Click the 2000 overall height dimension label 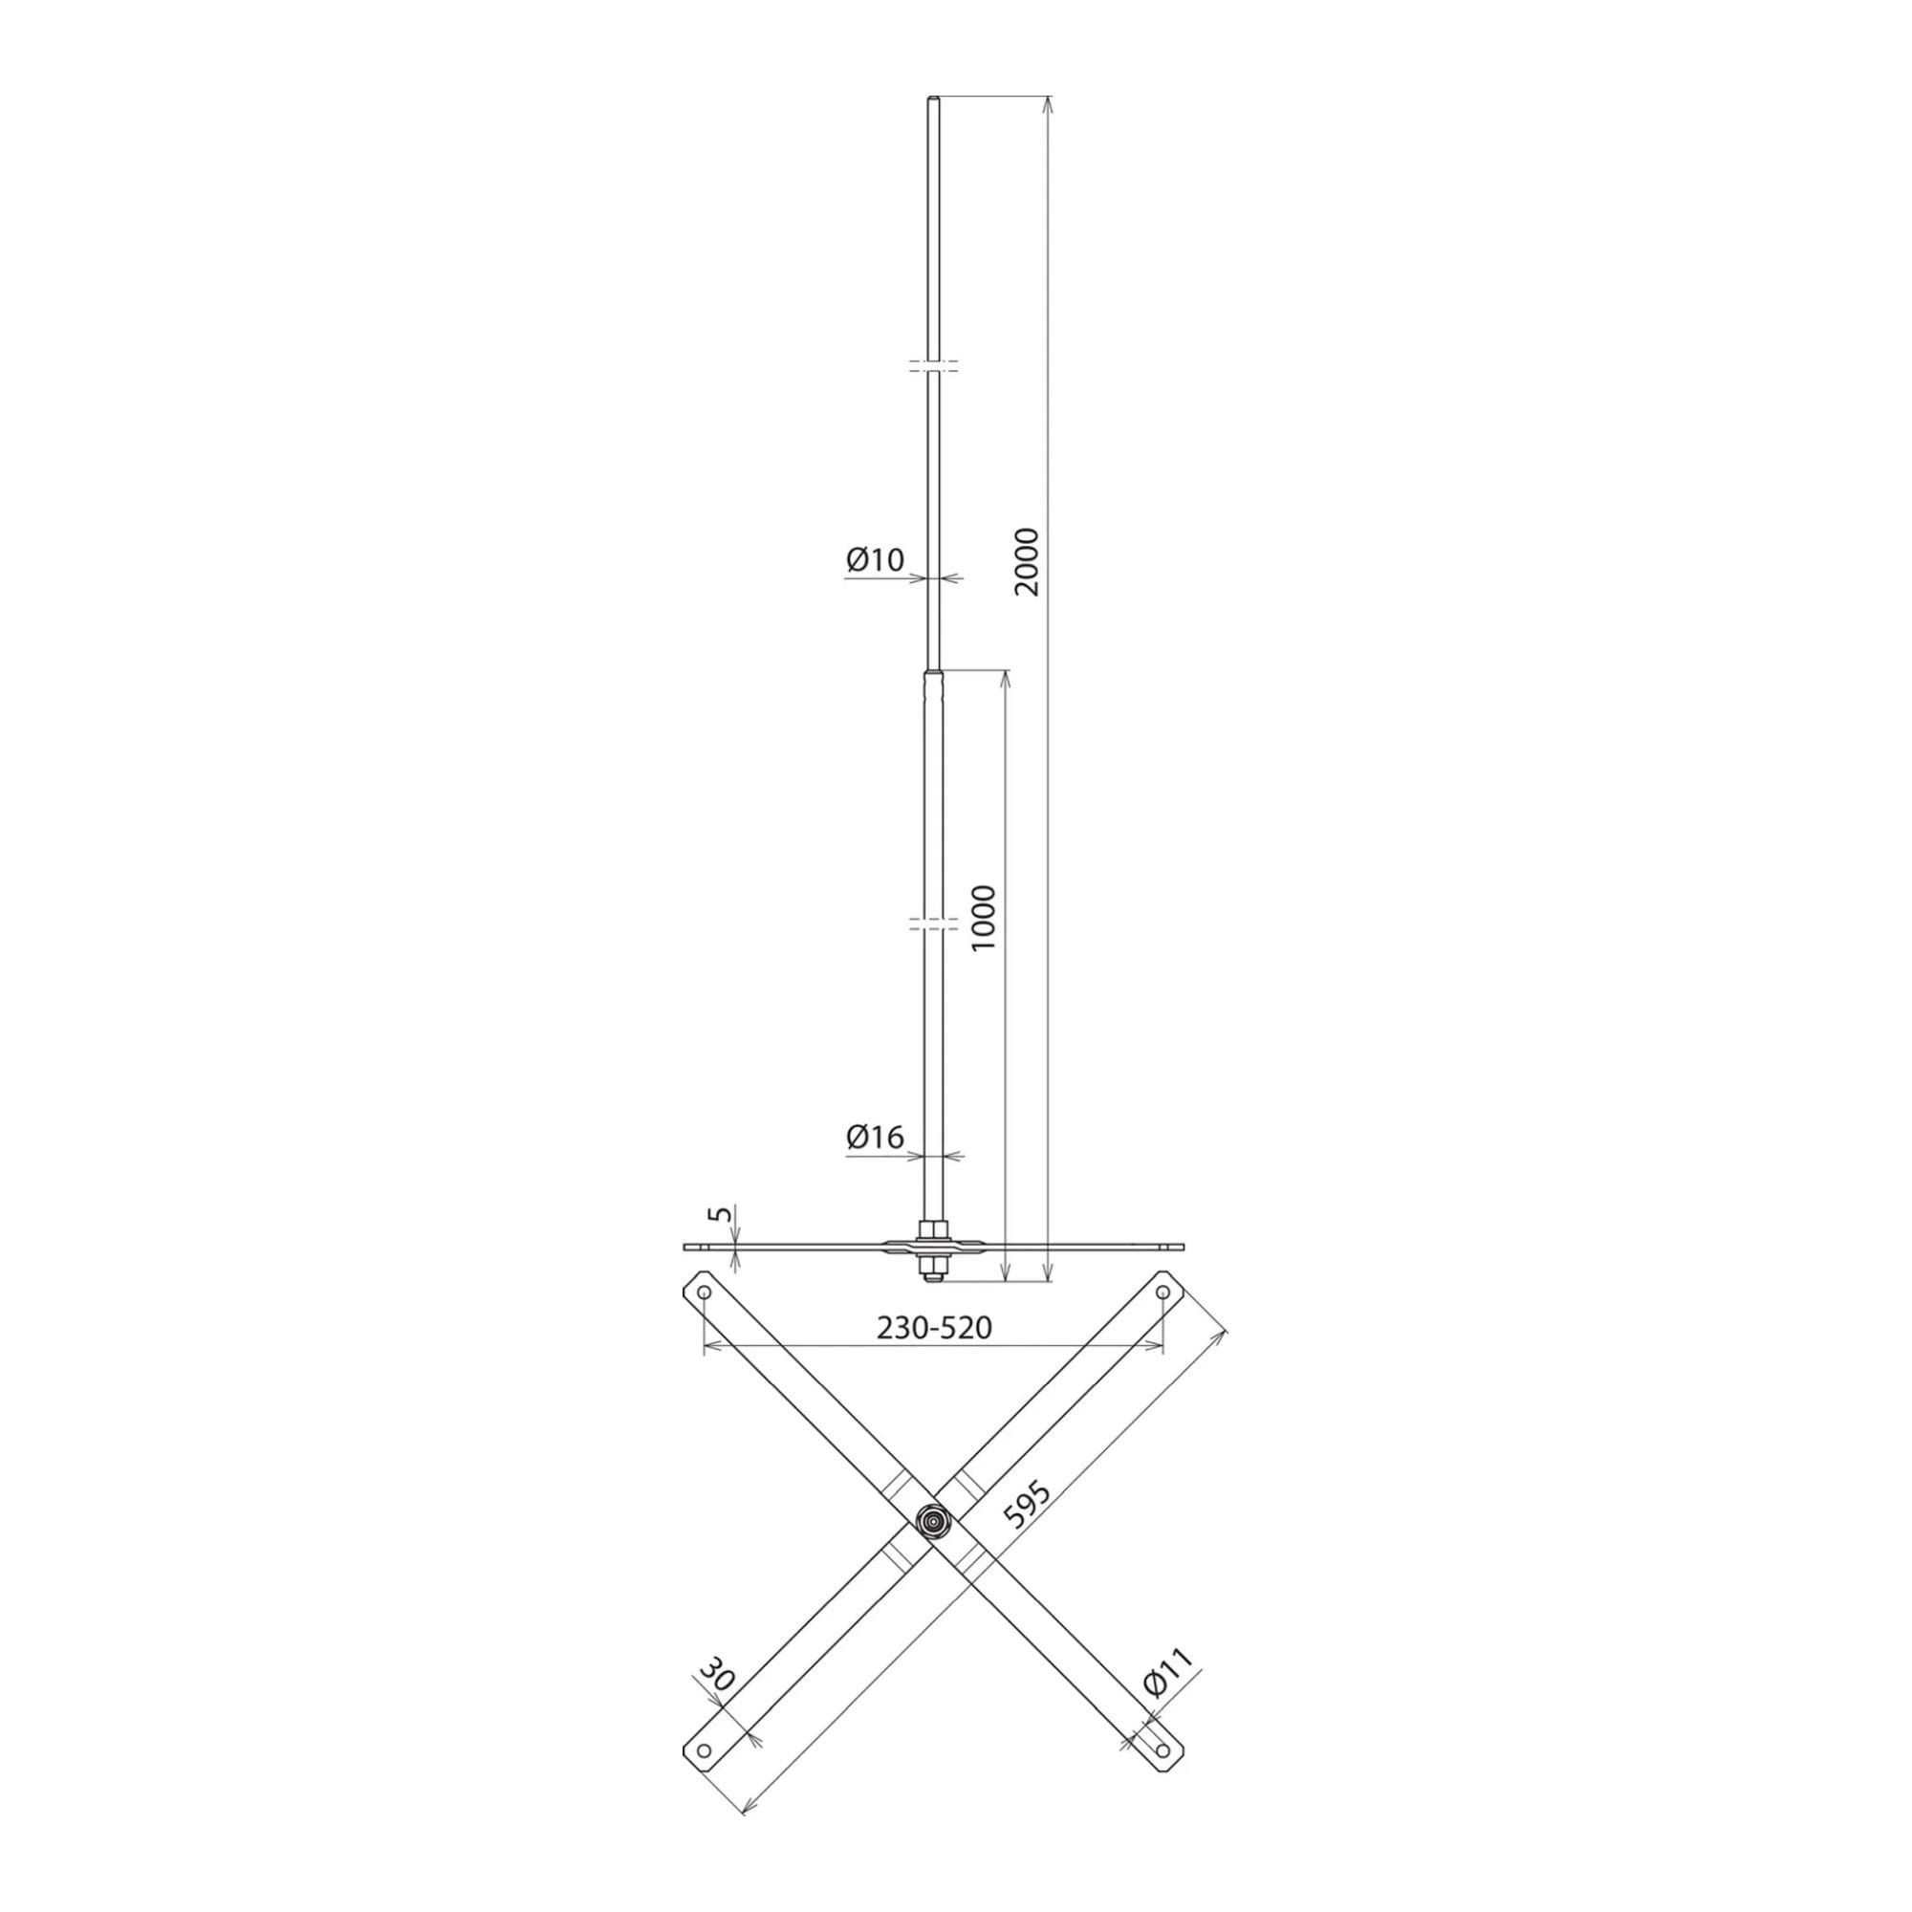[x=1029, y=561]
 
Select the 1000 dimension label [x=985, y=919]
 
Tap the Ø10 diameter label [x=875, y=560]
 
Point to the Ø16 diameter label [x=875, y=1138]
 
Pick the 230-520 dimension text [x=934, y=1327]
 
